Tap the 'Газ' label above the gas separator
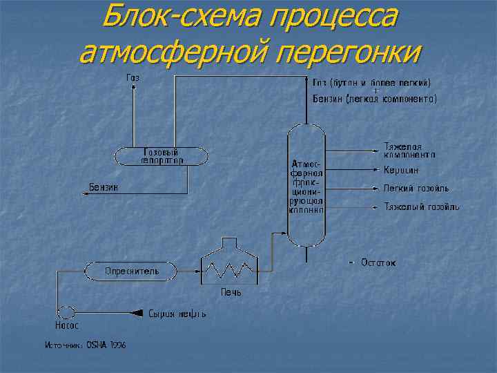(x=133, y=77)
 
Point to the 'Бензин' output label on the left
(x=104, y=187)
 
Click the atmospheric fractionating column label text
(x=306, y=187)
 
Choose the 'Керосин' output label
(x=401, y=170)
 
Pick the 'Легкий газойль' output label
(x=416, y=188)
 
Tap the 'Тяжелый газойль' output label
(x=421, y=207)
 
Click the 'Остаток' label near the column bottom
(x=378, y=262)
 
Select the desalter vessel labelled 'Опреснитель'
(x=131, y=271)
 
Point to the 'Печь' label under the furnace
(x=231, y=292)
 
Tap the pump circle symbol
(x=66, y=312)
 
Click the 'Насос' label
(x=66, y=325)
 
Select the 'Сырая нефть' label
(x=177, y=314)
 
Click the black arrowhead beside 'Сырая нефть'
(x=137, y=313)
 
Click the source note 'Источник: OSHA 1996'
(x=85, y=344)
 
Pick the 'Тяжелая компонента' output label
(x=409, y=150)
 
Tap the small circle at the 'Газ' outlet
(x=135, y=87)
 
